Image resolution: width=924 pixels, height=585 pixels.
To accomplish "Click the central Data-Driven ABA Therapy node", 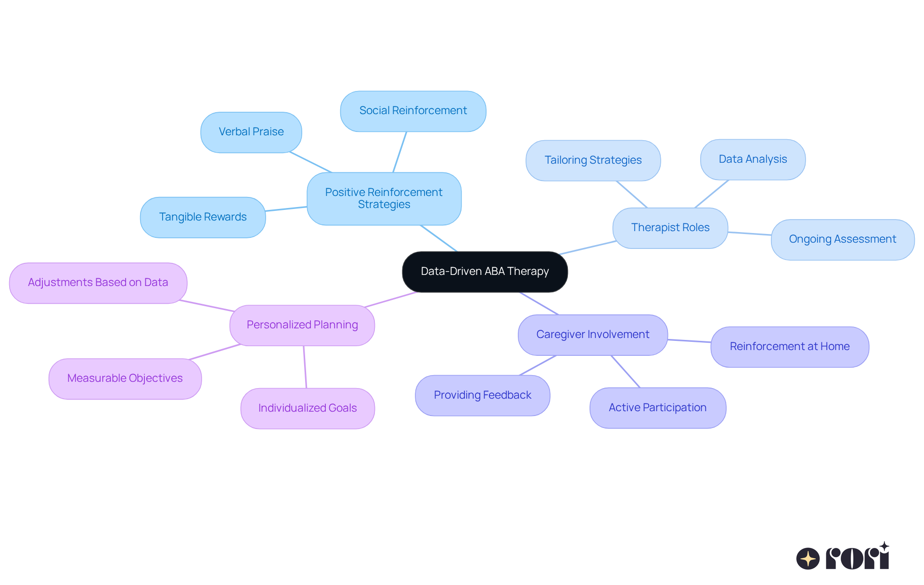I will click(x=485, y=272).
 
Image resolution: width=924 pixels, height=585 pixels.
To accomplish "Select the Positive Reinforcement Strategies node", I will click(x=384, y=198).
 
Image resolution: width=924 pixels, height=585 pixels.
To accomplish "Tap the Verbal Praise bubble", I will click(x=251, y=132).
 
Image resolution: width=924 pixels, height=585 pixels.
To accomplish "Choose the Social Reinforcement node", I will click(x=413, y=111).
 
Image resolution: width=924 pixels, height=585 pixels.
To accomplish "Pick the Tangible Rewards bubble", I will click(x=203, y=217).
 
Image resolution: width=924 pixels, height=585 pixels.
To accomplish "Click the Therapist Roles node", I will click(x=670, y=228).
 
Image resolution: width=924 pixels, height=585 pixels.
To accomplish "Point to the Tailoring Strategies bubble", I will click(x=593, y=160).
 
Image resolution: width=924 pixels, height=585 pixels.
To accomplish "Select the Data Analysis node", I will click(x=753, y=159).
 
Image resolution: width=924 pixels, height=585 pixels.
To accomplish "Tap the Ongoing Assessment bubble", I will click(x=842, y=239).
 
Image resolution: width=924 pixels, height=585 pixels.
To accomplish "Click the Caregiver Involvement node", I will click(x=592, y=335).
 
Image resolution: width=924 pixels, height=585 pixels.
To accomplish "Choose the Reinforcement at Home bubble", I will click(x=789, y=347).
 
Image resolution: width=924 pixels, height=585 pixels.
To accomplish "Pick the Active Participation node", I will click(x=657, y=408).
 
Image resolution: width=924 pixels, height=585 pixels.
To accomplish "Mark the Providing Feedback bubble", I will click(x=482, y=395).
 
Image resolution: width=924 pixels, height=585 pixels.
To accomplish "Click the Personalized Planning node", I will click(x=302, y=325).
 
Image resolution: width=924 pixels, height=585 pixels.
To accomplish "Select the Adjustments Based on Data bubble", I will click(x=98, y=283).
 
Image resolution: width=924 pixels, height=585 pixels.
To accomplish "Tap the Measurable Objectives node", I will click(x=125, y=378).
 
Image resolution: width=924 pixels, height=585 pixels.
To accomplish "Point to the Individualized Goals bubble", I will click(x=308, y=408).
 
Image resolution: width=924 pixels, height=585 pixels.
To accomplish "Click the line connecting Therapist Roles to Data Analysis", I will click(x=712, y=194).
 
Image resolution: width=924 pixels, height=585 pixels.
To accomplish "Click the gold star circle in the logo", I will click(x=808, y=559).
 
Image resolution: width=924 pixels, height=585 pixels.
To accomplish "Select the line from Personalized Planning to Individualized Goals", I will click(x=305, y=367).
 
